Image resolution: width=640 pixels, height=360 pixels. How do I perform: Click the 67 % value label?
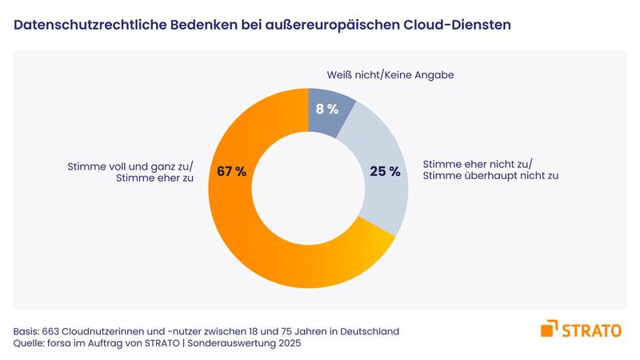[229, 172]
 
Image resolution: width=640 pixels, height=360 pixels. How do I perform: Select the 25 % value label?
[384, 172]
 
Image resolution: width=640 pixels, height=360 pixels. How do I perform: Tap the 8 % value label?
[326, 110]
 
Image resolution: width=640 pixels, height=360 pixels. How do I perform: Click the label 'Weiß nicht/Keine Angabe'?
[390, 75]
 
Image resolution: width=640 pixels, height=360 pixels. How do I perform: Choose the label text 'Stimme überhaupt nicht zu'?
[490, 176]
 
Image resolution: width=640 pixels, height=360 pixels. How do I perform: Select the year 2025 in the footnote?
[290, 344]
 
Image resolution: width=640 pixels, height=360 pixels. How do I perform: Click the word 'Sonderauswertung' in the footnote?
[226, 344]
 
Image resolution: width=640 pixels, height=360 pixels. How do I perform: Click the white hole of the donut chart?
[308, 188]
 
